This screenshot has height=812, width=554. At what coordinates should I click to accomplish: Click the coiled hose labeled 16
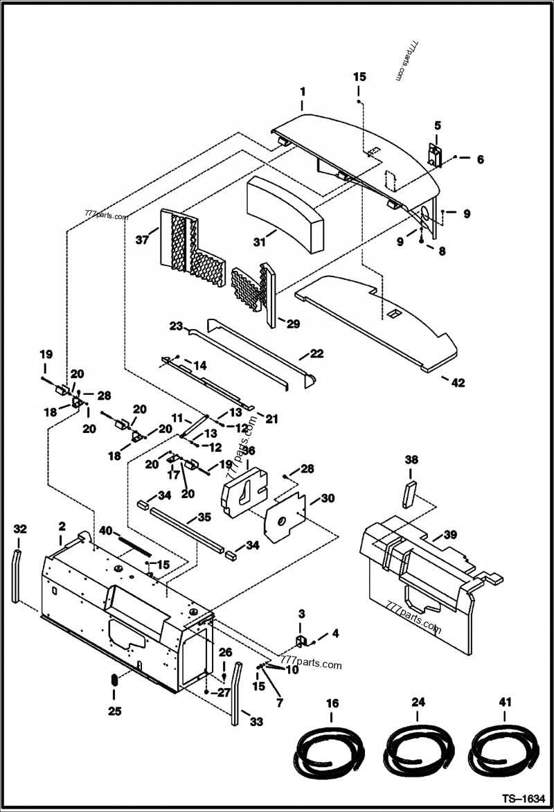pyautogui.click(x=330, y=754)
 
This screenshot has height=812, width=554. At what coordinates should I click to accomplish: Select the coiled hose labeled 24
pyautogui.click(x=416, y=754)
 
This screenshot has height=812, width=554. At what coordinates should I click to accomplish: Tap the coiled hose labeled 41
pyautogui.click(x=501, y=754)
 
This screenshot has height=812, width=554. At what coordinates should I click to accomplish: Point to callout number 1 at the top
pyautogui.click(x=302, y=91)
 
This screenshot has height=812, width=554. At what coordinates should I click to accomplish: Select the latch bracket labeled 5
pyautogui.click(x=435, y=155)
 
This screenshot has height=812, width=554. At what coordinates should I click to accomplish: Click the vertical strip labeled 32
pyautogui.click(x=16, y=574)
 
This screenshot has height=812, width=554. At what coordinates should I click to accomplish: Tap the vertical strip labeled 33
pyautogui.click(x=236, y=693)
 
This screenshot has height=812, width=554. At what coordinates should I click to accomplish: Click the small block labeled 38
pyautogui.click(x=410, y=492)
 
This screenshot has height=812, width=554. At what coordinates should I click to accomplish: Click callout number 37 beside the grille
pyautogui.click(x=142, y=240)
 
